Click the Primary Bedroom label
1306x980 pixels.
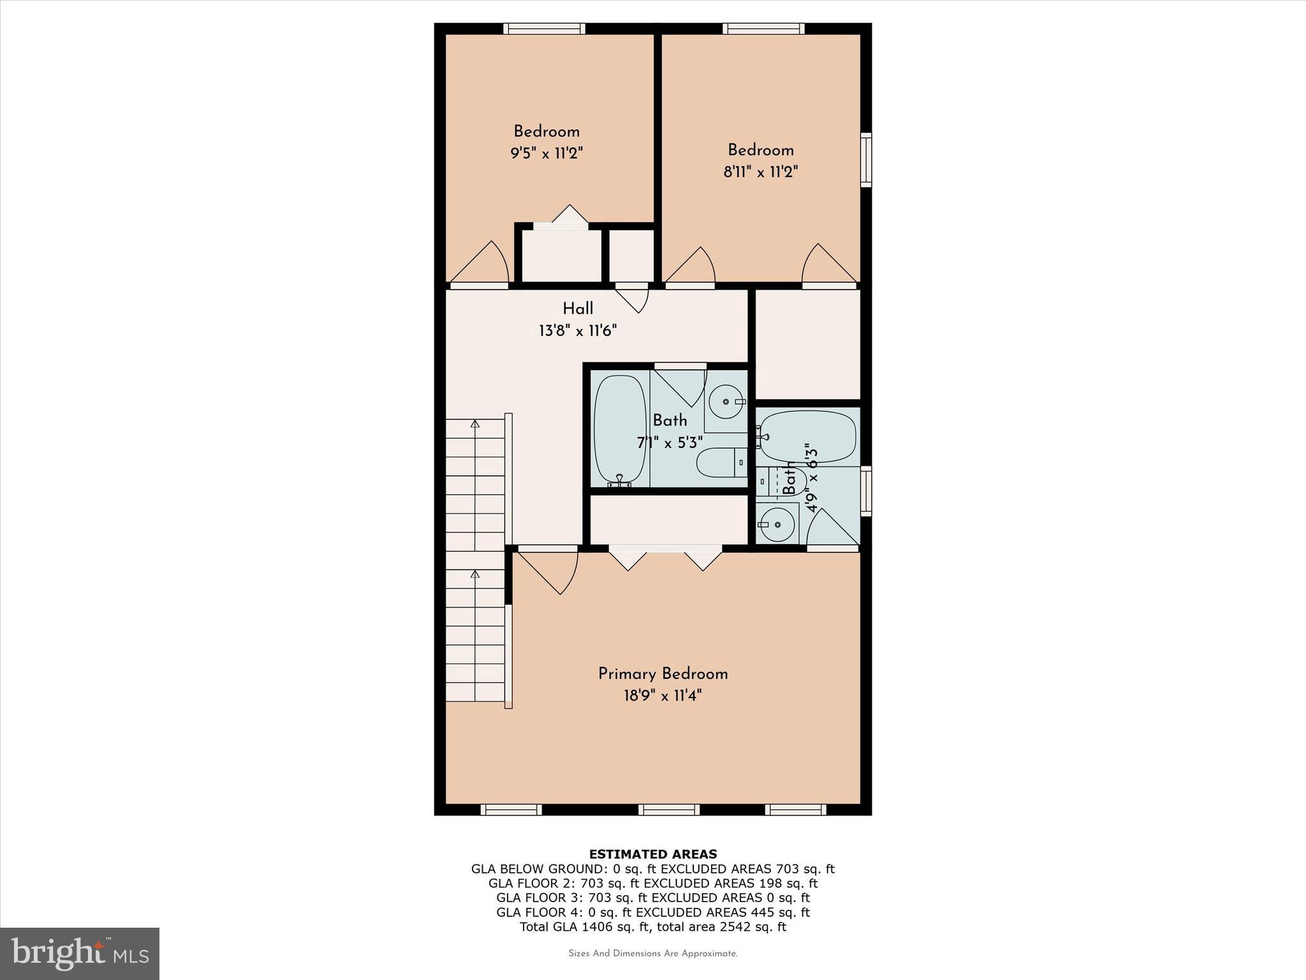coord(663,674)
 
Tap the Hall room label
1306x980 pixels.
coord(578,309)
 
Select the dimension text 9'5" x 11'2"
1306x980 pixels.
coord(547,153)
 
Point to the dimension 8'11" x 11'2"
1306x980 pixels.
coord(760,172)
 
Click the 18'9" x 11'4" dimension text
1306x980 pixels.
coord(663,695)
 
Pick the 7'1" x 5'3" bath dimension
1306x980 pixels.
coord(670,442)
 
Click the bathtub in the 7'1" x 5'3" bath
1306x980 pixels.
coord(619,431)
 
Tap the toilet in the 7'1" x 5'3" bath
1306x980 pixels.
coord(721,463)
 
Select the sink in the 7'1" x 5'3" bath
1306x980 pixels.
coord(726,401)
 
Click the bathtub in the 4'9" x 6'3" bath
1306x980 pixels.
coord(807,436)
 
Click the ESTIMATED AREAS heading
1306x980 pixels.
coord(652,854)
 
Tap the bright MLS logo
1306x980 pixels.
coord(80,953)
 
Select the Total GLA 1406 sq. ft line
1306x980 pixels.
coord(652,927)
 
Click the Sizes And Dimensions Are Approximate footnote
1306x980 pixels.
coord(652,954)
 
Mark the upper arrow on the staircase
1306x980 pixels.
coord(474,424)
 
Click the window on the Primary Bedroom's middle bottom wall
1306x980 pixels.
coord(668,810)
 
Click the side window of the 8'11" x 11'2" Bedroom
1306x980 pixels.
coord(866,160)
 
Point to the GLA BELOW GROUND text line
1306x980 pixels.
coord(652,869)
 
